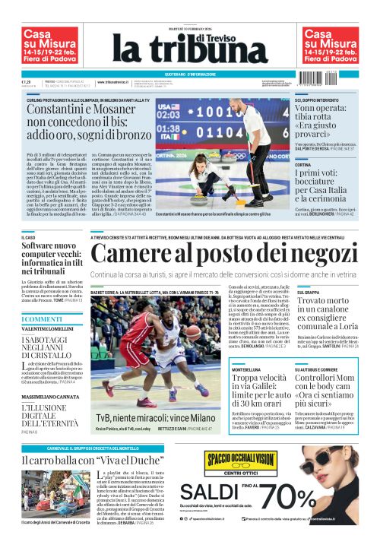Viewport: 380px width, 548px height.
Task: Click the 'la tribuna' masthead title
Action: [x=191, y=46]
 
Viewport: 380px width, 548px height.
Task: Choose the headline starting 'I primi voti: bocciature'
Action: [x=325, y=185]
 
